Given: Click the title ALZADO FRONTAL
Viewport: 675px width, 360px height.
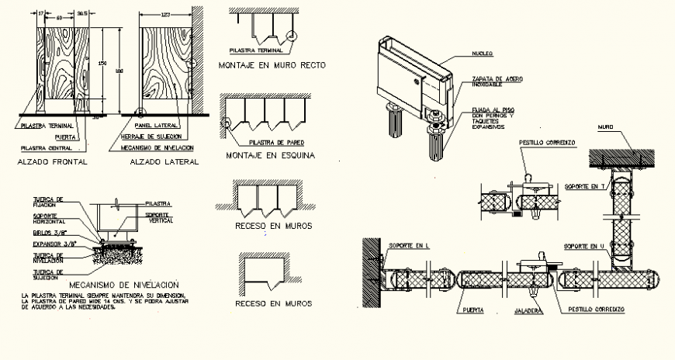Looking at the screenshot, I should click(x=51, y=162).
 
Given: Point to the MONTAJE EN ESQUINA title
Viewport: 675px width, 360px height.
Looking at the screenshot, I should click(x=269, y=155).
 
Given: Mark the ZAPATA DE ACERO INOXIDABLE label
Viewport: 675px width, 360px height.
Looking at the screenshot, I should click(x=490, y=82).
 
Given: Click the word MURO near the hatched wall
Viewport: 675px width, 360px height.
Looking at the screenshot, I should click(x=607, y=126).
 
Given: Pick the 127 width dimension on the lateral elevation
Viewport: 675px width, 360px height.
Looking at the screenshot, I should click(x=164, y=14).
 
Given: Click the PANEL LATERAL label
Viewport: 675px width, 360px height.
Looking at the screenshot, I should click(x=153, y=125).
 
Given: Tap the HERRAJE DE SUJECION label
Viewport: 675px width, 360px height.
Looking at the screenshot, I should click(x=158, y=136).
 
